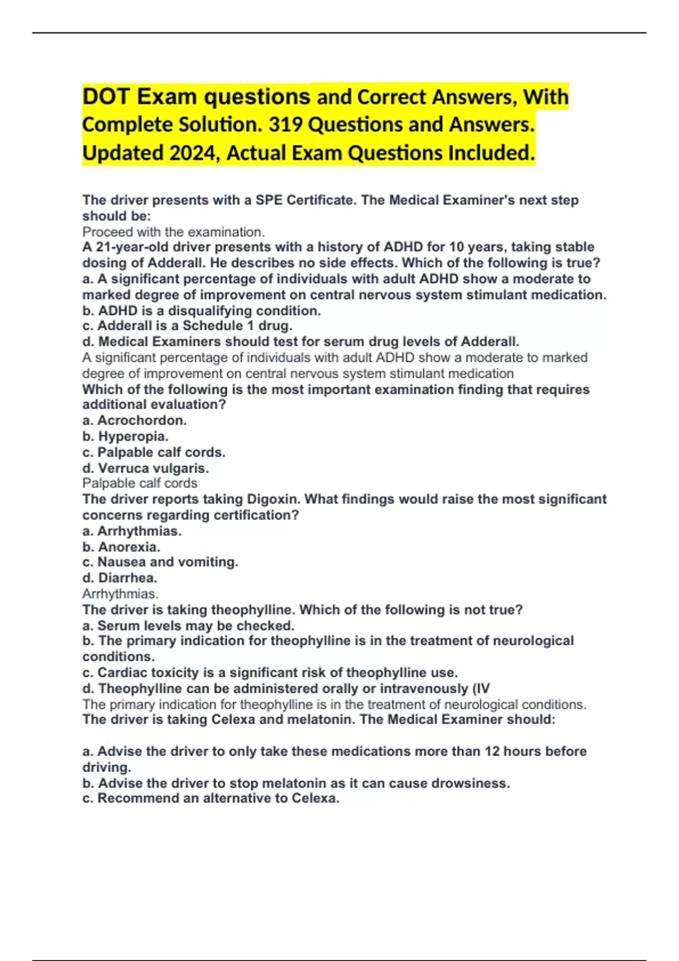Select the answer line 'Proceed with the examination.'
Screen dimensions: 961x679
pyautogui.click(x=173, y=232)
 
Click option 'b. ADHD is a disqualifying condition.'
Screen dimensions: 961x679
pyautogui.click(x=201, y=310)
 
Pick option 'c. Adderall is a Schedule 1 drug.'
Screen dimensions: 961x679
pyautogui.click(x=187, y=326)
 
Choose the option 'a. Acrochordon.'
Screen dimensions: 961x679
pyautogui.click(x=135, y=420)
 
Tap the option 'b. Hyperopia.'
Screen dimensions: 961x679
pyautogui.click(x=126, y=436)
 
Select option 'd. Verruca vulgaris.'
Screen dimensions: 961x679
pyautogui.click(x=146, y=468)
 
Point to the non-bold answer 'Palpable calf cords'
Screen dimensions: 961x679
pyautogui.click(x=140, y=483)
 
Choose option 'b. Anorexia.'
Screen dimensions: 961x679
pyautogui.click(x=122, y=547)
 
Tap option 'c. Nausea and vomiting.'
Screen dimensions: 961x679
pyautogui.click(x=160, y=562)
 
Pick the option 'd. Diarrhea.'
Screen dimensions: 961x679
pyautogui.click(x=120, y=578)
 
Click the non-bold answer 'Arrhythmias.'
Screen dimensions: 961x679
pyautogui.click(x=121, y=594)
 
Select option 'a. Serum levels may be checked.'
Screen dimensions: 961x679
pyautogui.click(x=188, y=626)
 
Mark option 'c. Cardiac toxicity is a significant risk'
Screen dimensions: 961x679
pyautogui.click(x=270, y=673)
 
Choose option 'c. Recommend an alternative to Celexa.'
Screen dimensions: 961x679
pyautogui.click(x=211, y=798)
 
